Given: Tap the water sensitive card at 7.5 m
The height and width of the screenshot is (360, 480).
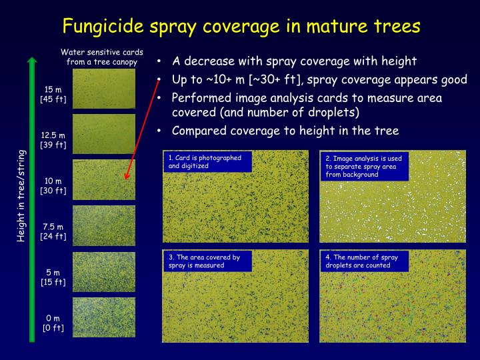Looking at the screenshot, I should (103, 225).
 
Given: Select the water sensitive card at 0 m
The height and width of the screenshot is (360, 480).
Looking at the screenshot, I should (103, 317).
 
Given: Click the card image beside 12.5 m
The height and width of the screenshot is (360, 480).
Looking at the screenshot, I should (103, 133).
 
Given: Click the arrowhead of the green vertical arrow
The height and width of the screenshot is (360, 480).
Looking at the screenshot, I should (31, 62).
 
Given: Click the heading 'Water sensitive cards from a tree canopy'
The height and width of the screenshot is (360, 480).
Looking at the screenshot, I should (101, 57).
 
